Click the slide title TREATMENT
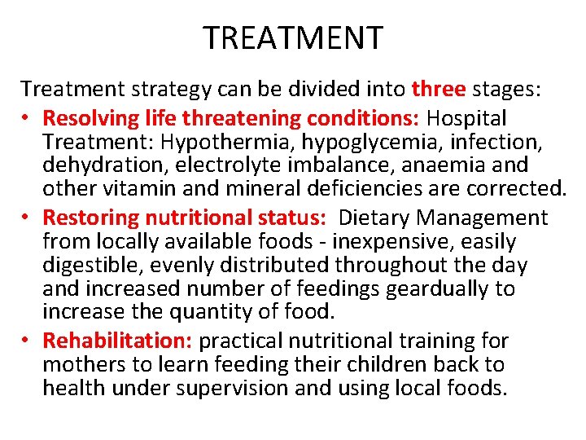click(x=293, y=38)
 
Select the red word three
click(x=438, y=88)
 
